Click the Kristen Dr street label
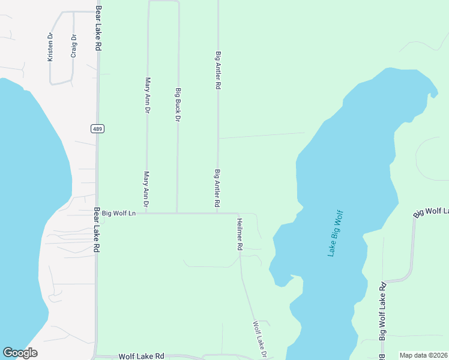click(50, 47)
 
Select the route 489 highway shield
click(97, 128)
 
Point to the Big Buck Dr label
click(178, 106)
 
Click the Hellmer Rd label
click(239, 234)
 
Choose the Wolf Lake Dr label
click(259, 340)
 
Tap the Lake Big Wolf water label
click(335, 233)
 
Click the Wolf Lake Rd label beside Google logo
click(142, 356)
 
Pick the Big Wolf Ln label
click(119, 213)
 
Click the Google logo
click(20, 353)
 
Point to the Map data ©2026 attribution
click(424, 355)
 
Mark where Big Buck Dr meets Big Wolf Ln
click(176, 213)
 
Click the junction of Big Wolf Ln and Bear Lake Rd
click(97, 213)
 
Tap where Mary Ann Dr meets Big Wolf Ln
click(146, 213)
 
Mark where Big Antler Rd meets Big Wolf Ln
click(217, 213)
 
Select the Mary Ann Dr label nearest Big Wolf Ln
click(146, 185)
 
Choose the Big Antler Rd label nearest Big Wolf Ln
click(217, 189)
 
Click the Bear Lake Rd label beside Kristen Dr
click(97, 29)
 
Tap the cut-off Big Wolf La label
click(432, 211)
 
